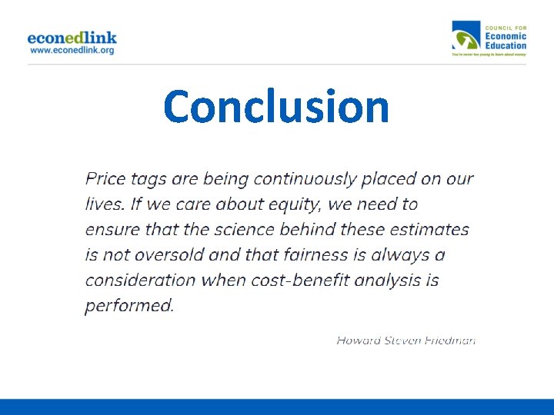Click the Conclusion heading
pos(276,107)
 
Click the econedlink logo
pos(72,37)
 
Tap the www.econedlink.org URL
pos(72,50)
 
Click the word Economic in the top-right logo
pos(506,36)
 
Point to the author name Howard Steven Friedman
pos(405,339)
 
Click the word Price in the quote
pos(105,179)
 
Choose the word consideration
pos(141,279)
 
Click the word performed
pos(129,305)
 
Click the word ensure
pos(112,230)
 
